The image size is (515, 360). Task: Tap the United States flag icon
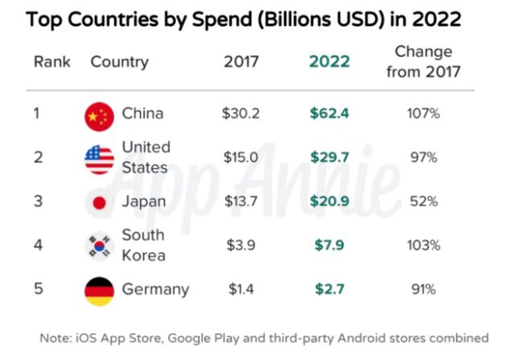(x=99, y=159)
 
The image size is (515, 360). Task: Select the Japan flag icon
(x=99, y=203)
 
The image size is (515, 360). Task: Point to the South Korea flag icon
(x=99, y=246)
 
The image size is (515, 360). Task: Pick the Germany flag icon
(x=99, y=290)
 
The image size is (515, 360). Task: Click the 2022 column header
(x=329, y=62)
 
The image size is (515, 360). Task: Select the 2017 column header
(x=241, y=62)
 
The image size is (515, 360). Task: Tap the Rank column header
(x=52, y=62)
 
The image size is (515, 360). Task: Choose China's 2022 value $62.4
(x=329, y=114)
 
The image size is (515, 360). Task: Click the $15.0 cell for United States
(x=241, y=158)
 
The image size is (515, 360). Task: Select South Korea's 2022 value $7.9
(x=329, y=246)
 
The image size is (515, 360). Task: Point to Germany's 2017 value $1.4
(x=241, y=289)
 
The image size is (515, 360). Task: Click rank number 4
(x=37, y=246)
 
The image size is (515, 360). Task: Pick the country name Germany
(x=155, y=289)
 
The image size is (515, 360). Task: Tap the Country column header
(x=119, y=62)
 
